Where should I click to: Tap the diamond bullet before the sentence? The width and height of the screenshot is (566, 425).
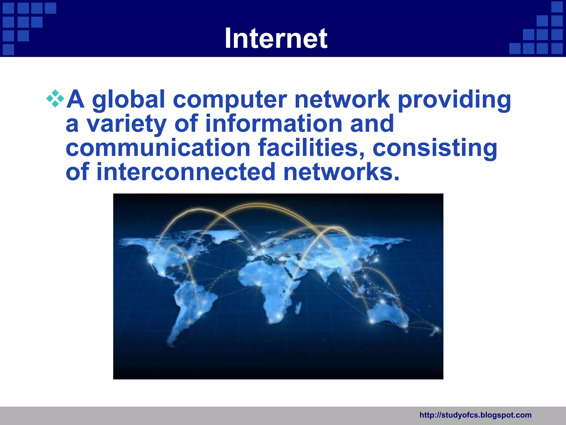point(55,99)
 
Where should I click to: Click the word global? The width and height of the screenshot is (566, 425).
point(129,100)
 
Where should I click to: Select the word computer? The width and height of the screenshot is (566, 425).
point(230,100)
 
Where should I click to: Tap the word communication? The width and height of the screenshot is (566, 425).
point(158,148)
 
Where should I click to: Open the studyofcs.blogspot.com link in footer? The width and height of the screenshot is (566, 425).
point(475,415)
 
